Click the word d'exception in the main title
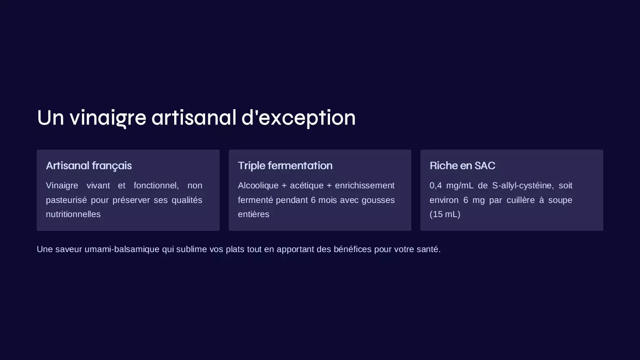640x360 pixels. pos(299,118)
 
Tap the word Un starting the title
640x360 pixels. pos(50,118)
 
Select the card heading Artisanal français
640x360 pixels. pos(89,166)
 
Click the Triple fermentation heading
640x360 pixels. pos(285,166)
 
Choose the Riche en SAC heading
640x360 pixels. pos(462,166)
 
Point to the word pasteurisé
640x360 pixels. pos(66,200)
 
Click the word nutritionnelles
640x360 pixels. pos(73,214)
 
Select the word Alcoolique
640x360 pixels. pos(258,186)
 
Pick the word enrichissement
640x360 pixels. pos(365,186)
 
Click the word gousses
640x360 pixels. pos(378,200)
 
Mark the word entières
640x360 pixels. pos(253,214)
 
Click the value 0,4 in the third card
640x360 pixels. pos(436,186)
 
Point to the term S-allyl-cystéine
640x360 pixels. pos(523,186)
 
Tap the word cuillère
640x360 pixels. pos(520,200)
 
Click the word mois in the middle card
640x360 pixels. pos(327,200)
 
